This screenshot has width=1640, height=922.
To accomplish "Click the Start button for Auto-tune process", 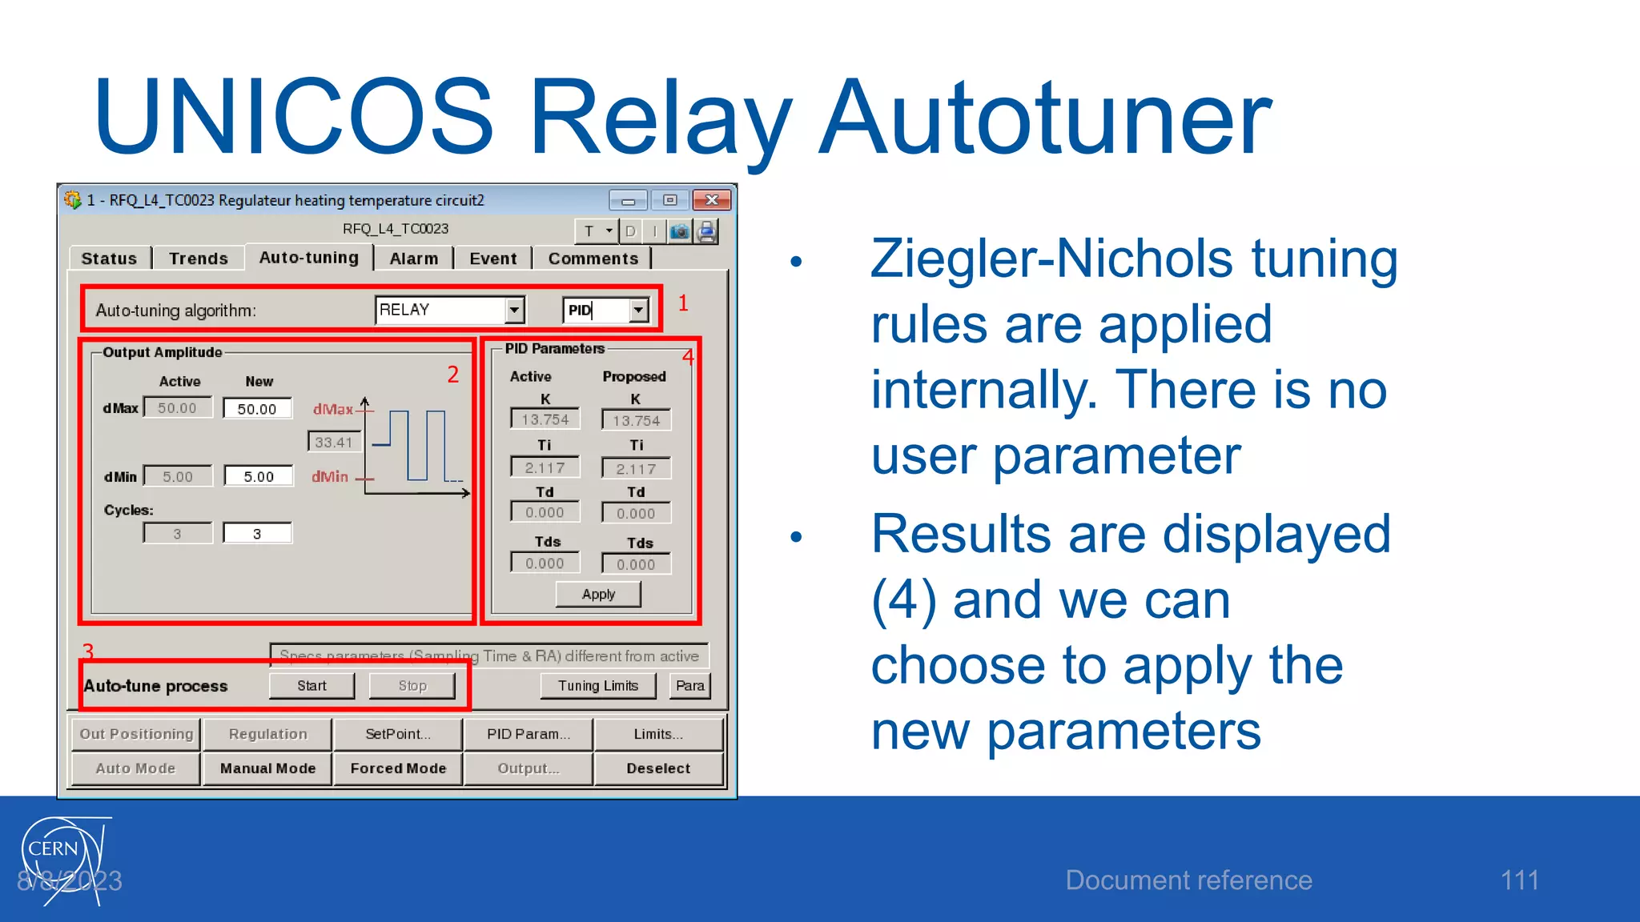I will pyautogui.click(x=312, y=686).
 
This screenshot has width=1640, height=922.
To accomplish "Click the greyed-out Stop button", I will pyautogui.click(x=412, y=686).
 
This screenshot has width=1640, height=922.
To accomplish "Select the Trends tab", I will pyautogui.click(x=199, y=259).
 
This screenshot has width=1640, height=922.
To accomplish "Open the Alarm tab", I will pyautogui.click(x=413, y=259).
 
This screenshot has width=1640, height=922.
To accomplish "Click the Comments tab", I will pyautogui.click(x=593, y=259).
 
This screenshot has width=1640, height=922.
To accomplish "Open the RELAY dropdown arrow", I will pyautogui.click(x=515, y=310).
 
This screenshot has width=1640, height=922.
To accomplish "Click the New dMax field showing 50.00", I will pyautogui.click(x=257, y=409).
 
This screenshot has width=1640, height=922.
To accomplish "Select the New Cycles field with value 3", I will pyautogui.click(x=257, y=534).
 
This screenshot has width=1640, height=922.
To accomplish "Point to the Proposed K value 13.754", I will pyautogui.click(x=636, y=420).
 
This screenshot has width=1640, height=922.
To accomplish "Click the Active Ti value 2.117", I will pyautogui.click(x=545, y=467).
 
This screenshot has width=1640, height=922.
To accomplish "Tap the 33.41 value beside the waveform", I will pyautogui.click(x=334, y=442).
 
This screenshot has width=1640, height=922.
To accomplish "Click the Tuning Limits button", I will pyautogui.click(x=598, y=686).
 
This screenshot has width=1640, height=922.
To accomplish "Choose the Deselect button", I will pyautogui.click(x=657, y=768).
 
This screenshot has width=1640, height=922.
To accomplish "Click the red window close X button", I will pyautogui.click(x=711, y=200).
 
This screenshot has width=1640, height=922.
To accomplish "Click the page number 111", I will pyautogui.click(x=1519, y=880).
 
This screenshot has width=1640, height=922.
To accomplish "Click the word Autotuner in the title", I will pyautogui.click(x=1045, y=118).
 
